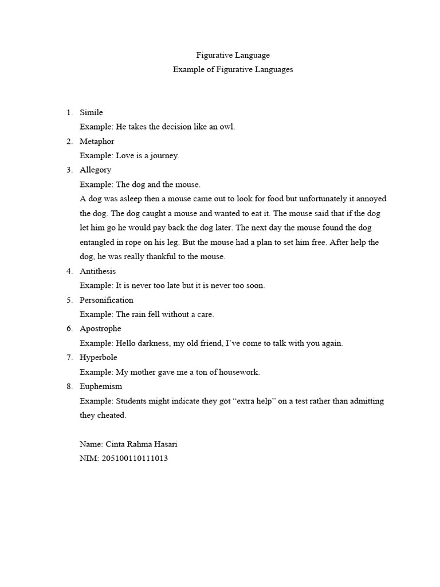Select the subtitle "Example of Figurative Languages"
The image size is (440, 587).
click(233, 69)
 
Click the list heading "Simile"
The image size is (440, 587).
click(91, 112)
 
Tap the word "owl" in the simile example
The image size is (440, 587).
click(227, 127)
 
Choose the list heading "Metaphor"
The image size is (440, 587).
click(97, 141)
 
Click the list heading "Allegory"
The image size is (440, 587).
click(95, 170)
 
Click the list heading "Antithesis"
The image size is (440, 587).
click(97, 271)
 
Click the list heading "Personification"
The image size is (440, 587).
click(106, 300)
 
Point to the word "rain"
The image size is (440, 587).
click(140, 314)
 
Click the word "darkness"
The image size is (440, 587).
click(154, 343)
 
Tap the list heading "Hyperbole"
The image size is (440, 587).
click(98, 357)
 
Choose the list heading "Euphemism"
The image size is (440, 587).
click(100, 386)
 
